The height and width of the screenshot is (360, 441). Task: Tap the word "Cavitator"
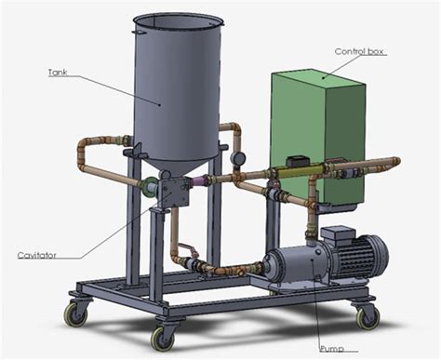35,254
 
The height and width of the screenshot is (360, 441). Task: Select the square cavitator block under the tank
173,193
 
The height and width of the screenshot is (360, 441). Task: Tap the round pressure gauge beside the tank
239,159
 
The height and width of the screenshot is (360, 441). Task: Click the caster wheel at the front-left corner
74,313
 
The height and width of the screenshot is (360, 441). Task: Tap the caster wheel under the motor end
367,315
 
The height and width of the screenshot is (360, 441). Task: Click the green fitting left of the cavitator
147,186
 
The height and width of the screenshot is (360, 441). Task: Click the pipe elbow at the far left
84,149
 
